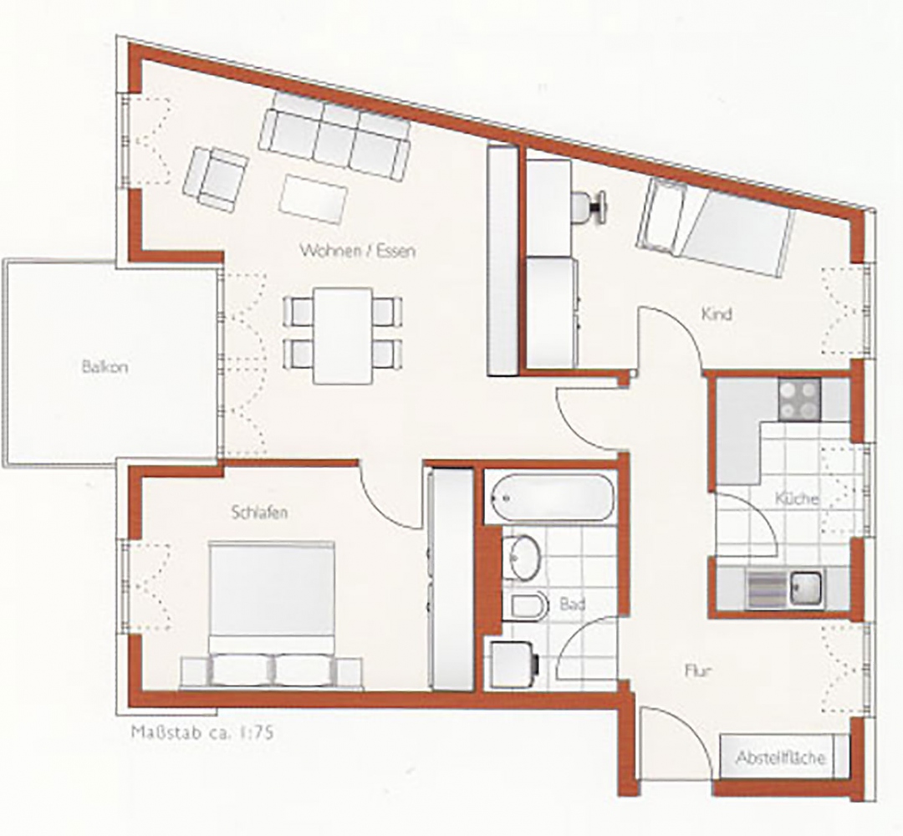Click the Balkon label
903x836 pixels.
tap(105, 367)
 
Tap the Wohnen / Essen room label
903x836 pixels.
tap(358, 251)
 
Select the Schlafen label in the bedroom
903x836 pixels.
tap(260, 512)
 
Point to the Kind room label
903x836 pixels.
tap(717, 314)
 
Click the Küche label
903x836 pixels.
tap(797, 498)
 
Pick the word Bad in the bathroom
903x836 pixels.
tap(573, 604)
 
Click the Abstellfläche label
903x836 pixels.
tap(780, 757)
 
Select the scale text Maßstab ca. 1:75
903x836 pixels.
tap(202, 733)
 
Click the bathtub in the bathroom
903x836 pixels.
tap(549, 497)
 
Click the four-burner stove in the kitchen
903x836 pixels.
tap(799, 400)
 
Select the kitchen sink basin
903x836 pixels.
tap(807, 589)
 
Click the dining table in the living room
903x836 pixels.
tap(343, 336)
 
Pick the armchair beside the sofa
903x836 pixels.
tap(216, 178)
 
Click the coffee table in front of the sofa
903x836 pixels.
tap(313, 199)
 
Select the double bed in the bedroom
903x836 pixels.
tap(272, 613)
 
